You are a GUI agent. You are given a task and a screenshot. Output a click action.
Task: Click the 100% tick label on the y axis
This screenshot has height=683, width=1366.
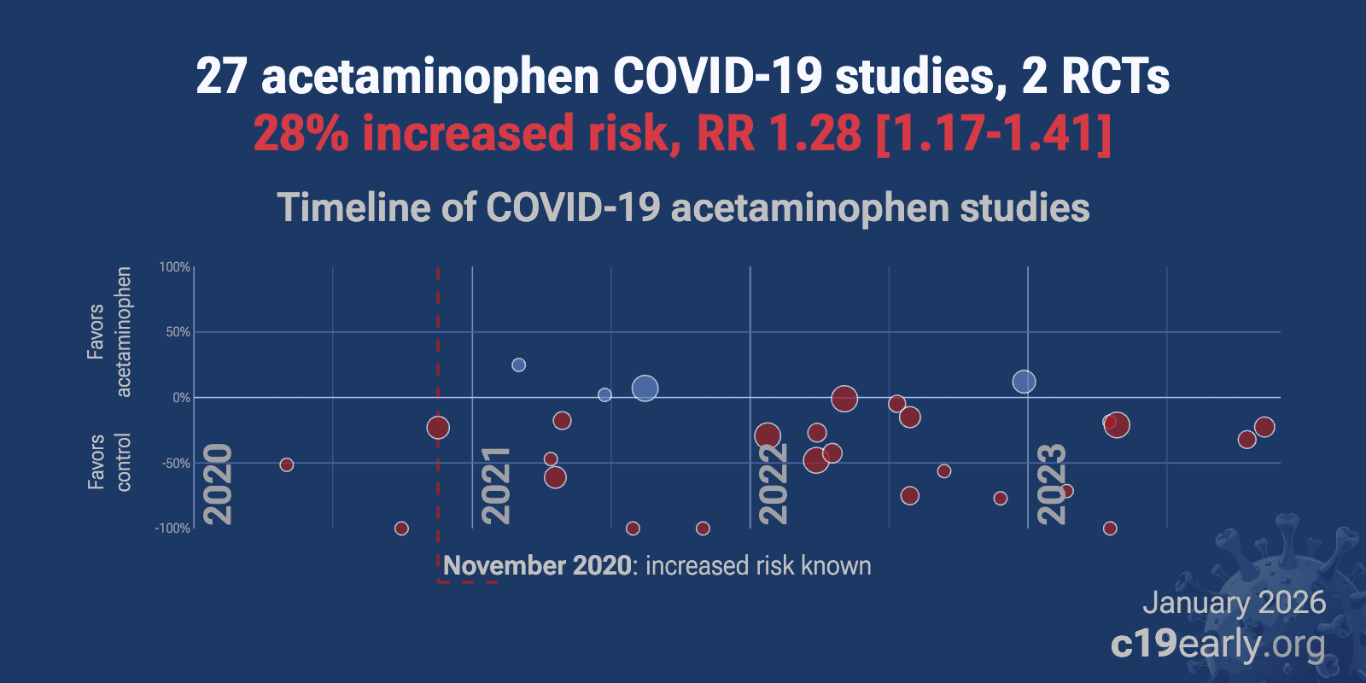click(x=174, y=267)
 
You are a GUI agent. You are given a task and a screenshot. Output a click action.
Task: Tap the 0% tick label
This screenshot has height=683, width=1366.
click(x=180, y=398)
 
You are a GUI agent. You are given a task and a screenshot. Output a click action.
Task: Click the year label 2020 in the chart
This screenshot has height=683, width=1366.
click(x=218, y=484)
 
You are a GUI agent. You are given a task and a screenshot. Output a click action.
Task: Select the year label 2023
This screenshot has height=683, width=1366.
click(x=1051, y=484)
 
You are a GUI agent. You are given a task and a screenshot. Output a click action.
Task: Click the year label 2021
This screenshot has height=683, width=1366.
click(x=495, y=485)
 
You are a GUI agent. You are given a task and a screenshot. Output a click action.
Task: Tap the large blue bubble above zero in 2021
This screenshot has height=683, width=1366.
click(x=645, y=388)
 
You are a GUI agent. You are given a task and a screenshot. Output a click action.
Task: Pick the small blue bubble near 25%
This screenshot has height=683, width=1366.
click(x=518, y=365)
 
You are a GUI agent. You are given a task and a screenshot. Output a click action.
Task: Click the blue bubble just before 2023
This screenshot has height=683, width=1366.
click(x=1024, y=382)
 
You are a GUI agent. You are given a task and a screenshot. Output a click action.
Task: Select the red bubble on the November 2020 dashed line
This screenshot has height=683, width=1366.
click(x=438, y=428)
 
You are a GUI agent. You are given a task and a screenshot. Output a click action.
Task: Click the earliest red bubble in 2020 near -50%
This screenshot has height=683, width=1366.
click(x=287, y=464)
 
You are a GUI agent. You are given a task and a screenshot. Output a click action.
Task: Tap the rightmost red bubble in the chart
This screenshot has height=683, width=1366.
click(x=1264, y=427)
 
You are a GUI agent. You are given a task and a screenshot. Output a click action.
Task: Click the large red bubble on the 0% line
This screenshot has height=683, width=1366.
click(x=844, y=399)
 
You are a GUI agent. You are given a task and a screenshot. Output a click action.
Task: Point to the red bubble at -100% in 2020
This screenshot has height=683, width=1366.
click(x=401, y=528)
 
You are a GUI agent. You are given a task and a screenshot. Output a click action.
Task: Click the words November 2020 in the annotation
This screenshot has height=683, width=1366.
click(x=537, y=566)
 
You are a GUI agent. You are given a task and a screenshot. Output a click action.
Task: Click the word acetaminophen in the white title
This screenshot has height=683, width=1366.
click(x=430, y=77)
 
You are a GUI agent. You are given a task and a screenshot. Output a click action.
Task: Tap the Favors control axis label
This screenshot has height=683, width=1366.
click(x=109, y=462)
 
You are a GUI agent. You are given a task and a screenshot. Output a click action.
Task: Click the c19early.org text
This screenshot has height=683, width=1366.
click(x=1217, y=645)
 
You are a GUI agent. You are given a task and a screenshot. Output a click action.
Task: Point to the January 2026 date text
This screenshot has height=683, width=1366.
click(x=1234, y=603)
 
